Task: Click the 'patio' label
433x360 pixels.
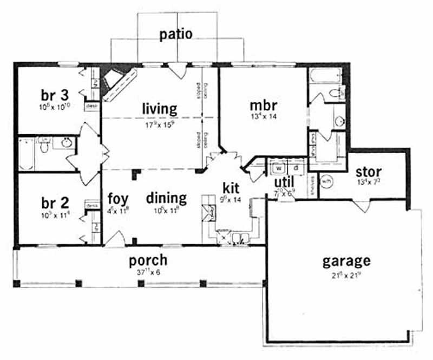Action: tap(176, 34)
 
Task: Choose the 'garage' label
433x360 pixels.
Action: tap(346, 261)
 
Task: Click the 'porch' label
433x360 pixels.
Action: tap(148, 260)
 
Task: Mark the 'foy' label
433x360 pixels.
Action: tap(117, 197)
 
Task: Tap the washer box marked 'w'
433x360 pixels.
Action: tap(275, 167)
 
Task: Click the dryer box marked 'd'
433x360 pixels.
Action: tap(289, 167)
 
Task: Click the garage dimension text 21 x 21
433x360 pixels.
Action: tap(346, 275)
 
